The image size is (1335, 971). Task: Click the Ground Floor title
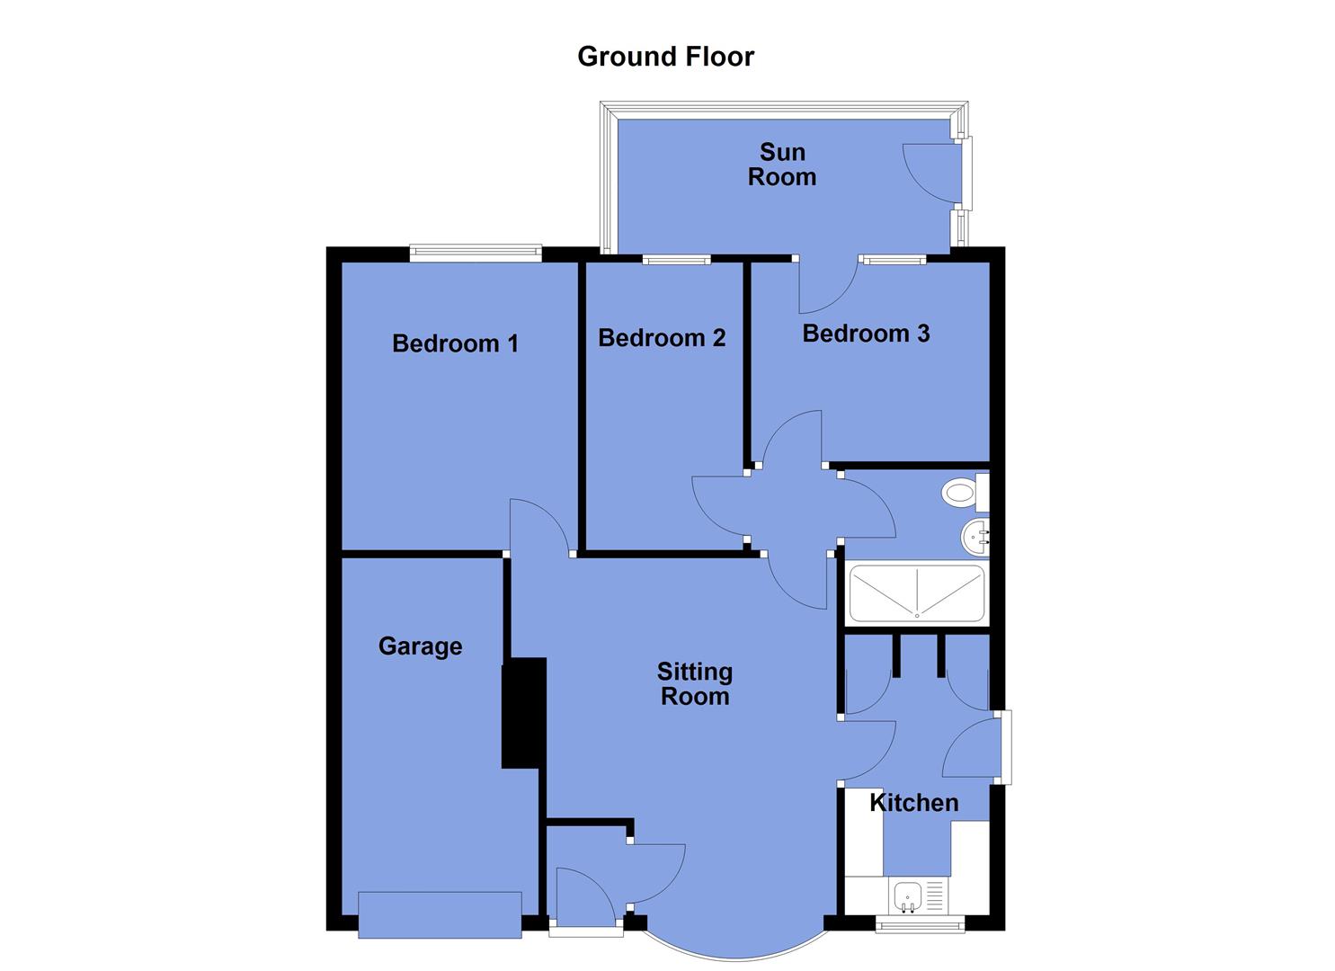click(x=665, y=57)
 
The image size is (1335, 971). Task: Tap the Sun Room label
click(x=781, y=165)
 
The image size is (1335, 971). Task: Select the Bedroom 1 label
click(x=455, y=343)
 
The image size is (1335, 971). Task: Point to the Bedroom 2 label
click(x=662, y=338)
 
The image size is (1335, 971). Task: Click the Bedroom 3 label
click(x=866, y=334)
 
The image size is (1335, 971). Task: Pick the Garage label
click(x=420, y=646)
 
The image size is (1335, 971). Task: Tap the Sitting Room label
click(x=694, y=684)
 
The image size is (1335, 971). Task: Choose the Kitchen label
click(x=913, y=803)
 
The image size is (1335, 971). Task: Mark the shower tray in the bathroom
click(x=916, y=593)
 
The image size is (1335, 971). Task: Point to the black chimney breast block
click(x=523, y=713)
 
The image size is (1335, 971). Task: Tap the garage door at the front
click(x=440, y=915)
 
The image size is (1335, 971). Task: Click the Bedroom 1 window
click(x=476, y=254)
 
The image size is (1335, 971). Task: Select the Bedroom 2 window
click(x=676, y=260)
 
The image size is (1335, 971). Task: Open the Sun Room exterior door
click(x=931, y=173)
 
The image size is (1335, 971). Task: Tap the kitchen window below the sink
click(x=920, y=925)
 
